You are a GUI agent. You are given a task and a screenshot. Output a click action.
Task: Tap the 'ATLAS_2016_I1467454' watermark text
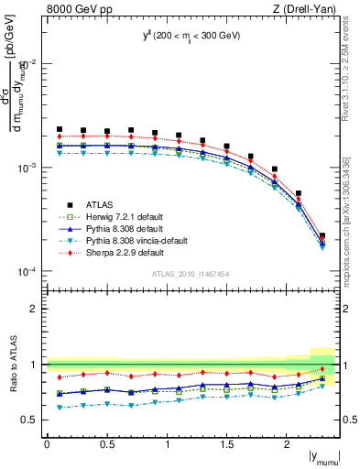pos(191,274)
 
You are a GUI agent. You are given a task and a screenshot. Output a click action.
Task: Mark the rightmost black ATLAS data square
pos(322,236)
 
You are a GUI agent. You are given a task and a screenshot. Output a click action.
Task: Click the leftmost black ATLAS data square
pos(60,129)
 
